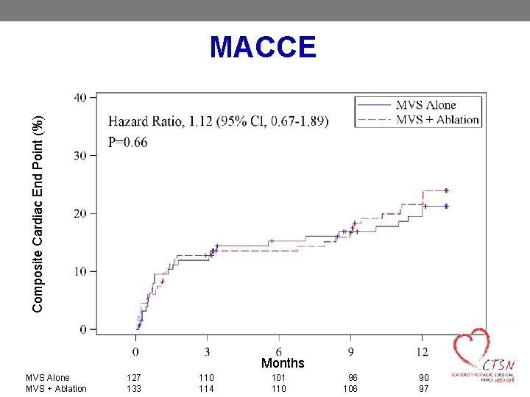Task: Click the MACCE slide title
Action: pos(263,47)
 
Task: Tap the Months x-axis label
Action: pos(282,363)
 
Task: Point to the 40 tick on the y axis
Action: pos(80,98)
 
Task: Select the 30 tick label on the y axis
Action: pos(80,156)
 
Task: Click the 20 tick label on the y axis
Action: pos(80,214)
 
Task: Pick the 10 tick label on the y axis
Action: pos(80,272)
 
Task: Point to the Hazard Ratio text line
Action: pos(219,121)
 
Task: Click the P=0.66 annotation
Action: pos(128,143)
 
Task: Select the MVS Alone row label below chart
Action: pos(48,377)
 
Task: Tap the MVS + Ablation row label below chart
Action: pos(56,389)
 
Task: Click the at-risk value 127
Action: pos(133,377)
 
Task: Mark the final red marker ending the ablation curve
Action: pos(446,190)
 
